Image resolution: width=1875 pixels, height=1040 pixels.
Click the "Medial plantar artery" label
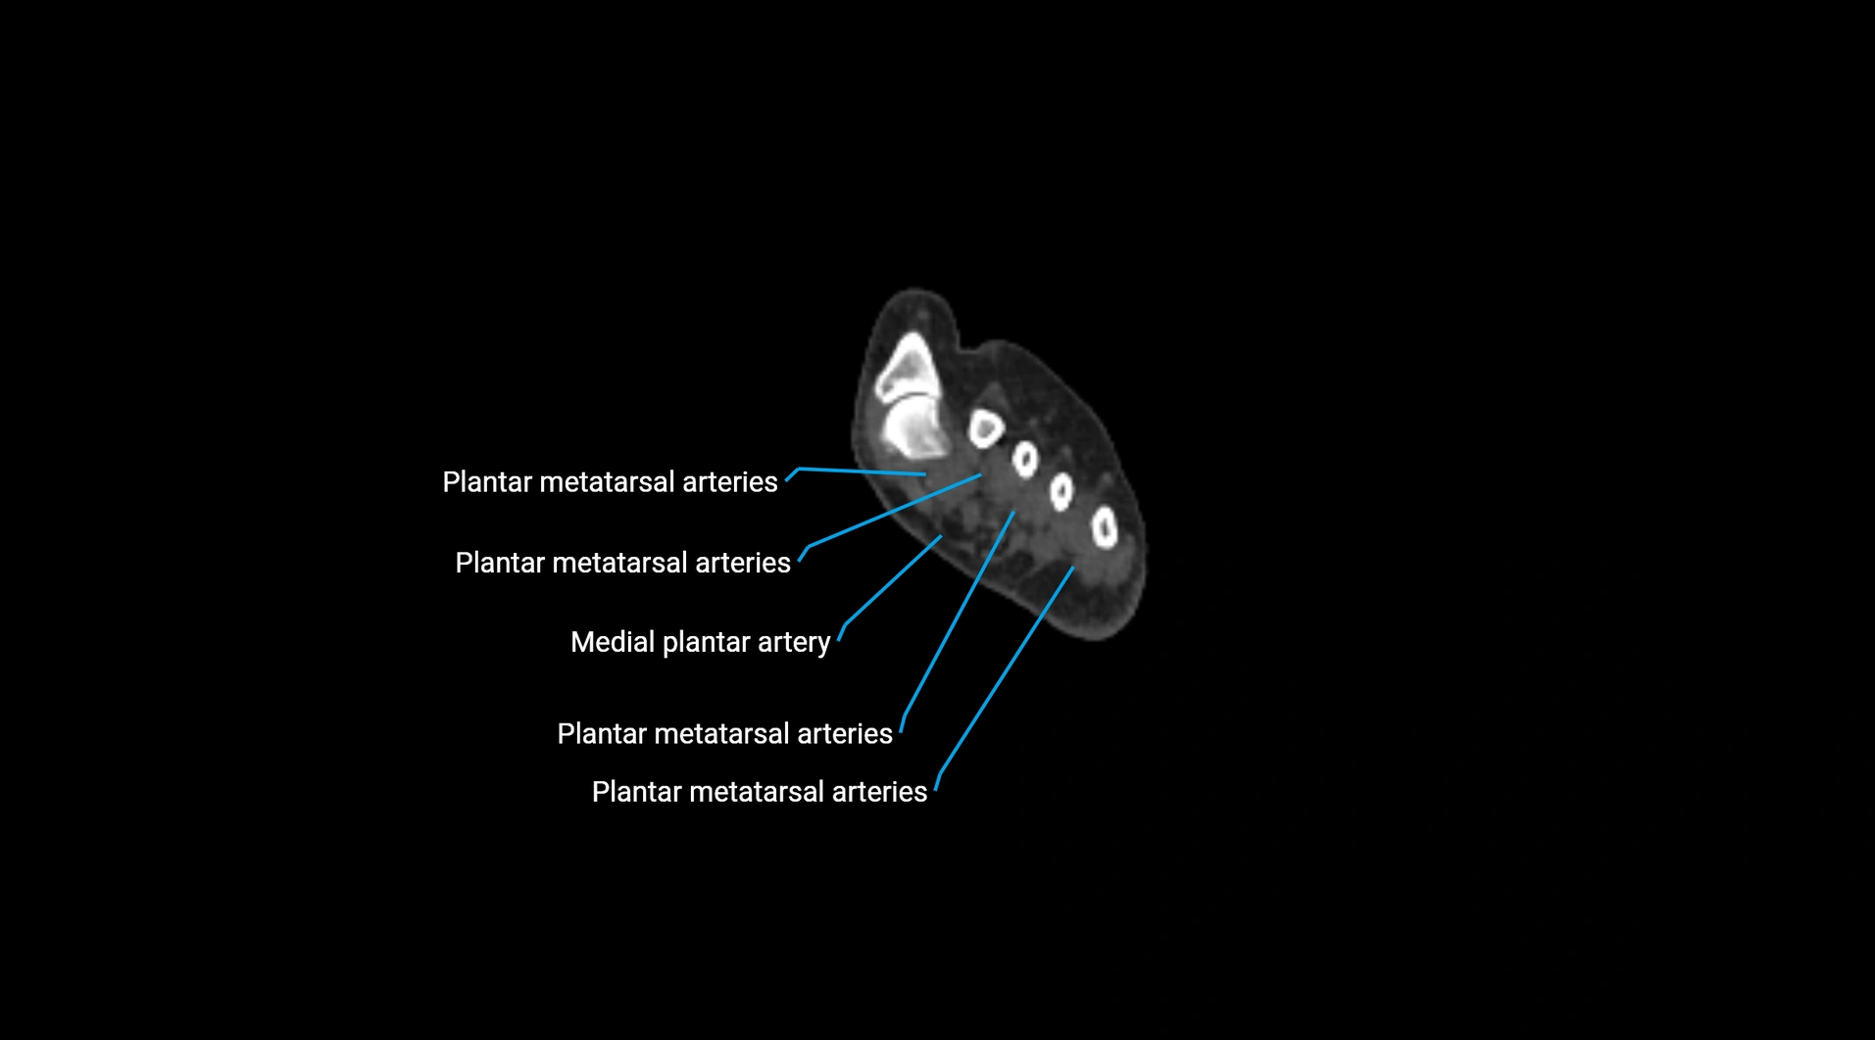point(700,642)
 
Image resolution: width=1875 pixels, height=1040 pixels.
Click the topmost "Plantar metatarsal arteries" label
point(610,482)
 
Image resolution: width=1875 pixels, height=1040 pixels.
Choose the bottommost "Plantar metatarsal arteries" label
point(759,792)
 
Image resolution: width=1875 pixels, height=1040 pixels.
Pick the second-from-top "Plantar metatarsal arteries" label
point(622,563)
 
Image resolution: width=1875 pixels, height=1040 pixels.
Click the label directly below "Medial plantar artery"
point(724,734)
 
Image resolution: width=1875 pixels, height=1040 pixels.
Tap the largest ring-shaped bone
point(986,428)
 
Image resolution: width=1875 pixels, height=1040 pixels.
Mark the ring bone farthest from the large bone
point(1105,528)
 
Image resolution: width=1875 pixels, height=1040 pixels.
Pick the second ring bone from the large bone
point(1025,459)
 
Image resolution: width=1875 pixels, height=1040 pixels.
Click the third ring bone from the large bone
point(1061,491)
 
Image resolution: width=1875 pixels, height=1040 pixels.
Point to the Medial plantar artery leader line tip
point(942,535)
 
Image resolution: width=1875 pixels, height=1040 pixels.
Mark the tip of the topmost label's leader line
point(925,474)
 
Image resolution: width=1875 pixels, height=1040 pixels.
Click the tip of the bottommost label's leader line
point(1073,567)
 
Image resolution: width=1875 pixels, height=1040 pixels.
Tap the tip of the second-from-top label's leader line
point(981,474)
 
